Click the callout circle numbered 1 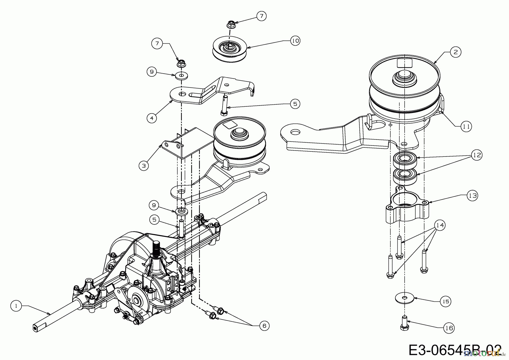tap(16, 306)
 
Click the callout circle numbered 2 tap(456, 52)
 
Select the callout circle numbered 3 tap(144, 165)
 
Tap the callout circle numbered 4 tap(152, 118)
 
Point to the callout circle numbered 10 tap(295, 41)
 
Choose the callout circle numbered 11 tap(466, 127)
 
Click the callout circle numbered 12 tap(477, 155)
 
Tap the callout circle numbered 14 tap(440, 225)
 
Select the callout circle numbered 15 tap(446, 301)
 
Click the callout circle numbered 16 tap(449, 328)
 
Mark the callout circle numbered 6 tap(264, 326)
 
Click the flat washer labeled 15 tap(404, 298)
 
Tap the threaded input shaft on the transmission tap(156, 247)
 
